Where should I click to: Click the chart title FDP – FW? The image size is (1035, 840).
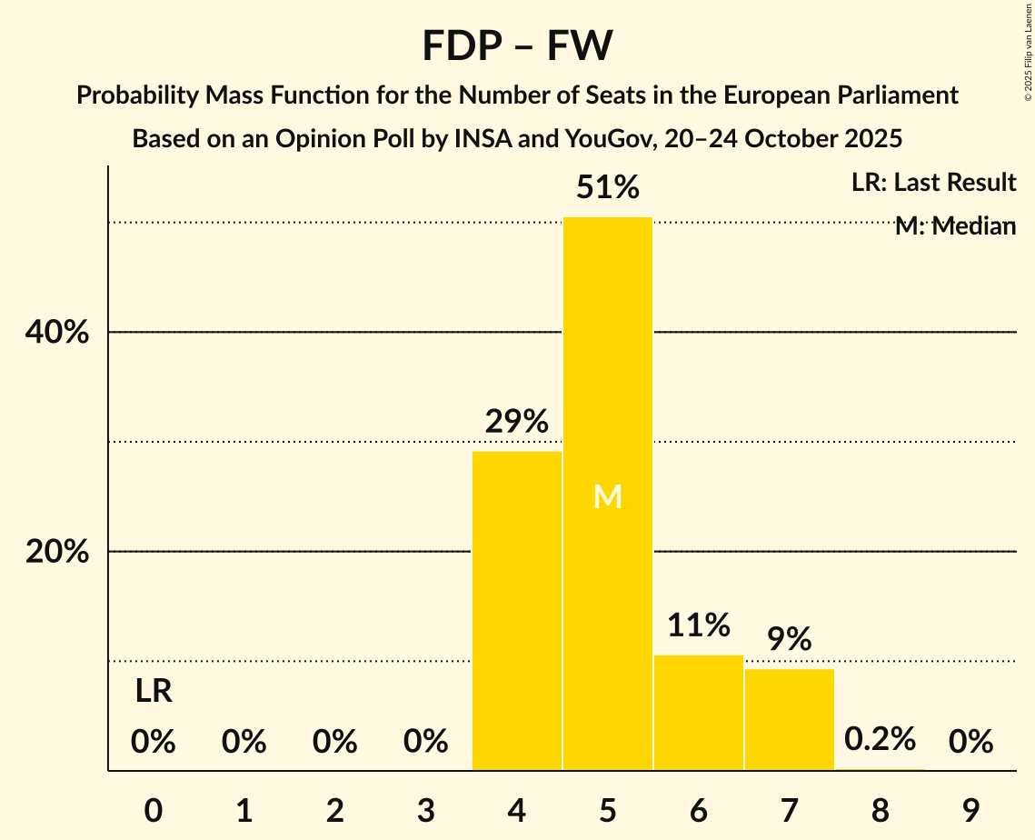click(x=517, y=45)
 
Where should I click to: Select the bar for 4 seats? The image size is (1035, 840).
click(x=517, y=611)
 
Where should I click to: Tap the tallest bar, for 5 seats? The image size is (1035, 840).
click(x=608, y=494)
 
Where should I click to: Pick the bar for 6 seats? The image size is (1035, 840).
click(x=699, y=713)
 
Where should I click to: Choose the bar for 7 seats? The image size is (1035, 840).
click(x=790, y=719)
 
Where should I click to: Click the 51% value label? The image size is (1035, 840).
click(x=608, y=188)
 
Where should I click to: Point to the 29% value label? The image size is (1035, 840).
click(x=517, y=422)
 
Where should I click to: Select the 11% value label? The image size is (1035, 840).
click(x=699, y=625)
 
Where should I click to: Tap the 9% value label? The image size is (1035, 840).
click(x=790, y=639)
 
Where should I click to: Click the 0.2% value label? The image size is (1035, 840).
click(x=880, y=739)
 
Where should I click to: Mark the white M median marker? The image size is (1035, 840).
click(x=608, y=496)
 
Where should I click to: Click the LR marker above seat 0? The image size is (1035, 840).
click(x=154, y=692)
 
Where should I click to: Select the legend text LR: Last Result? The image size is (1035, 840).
click(x=934, y=183)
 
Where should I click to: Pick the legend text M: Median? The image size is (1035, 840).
click(x=955, y=226)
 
